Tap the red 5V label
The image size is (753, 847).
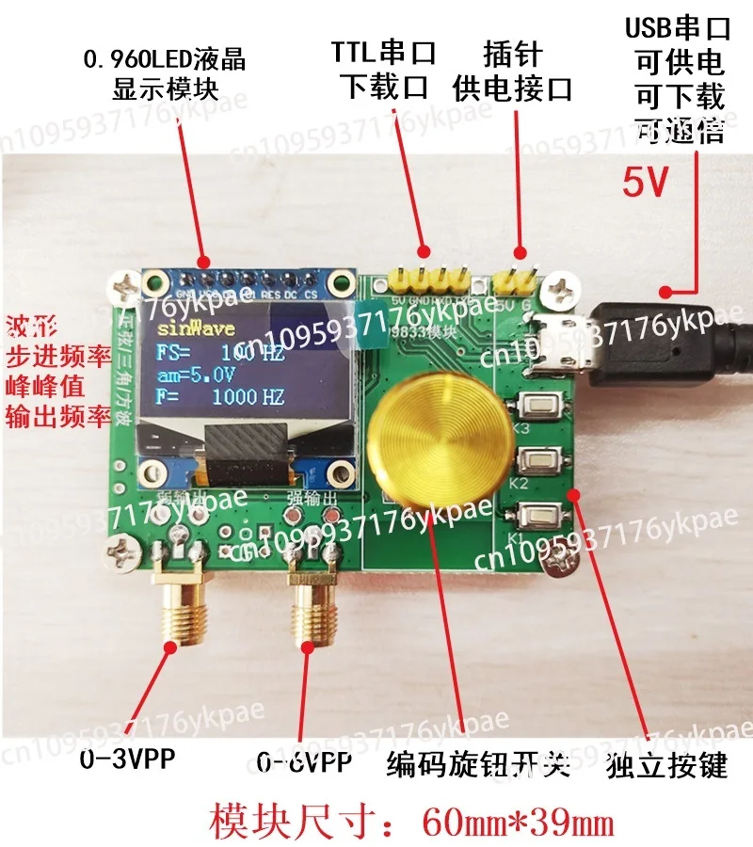point(646,182)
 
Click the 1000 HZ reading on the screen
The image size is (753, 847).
point(247,396)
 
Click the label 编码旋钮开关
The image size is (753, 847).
point(479,765)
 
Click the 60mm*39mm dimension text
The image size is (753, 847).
point(518,822)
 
